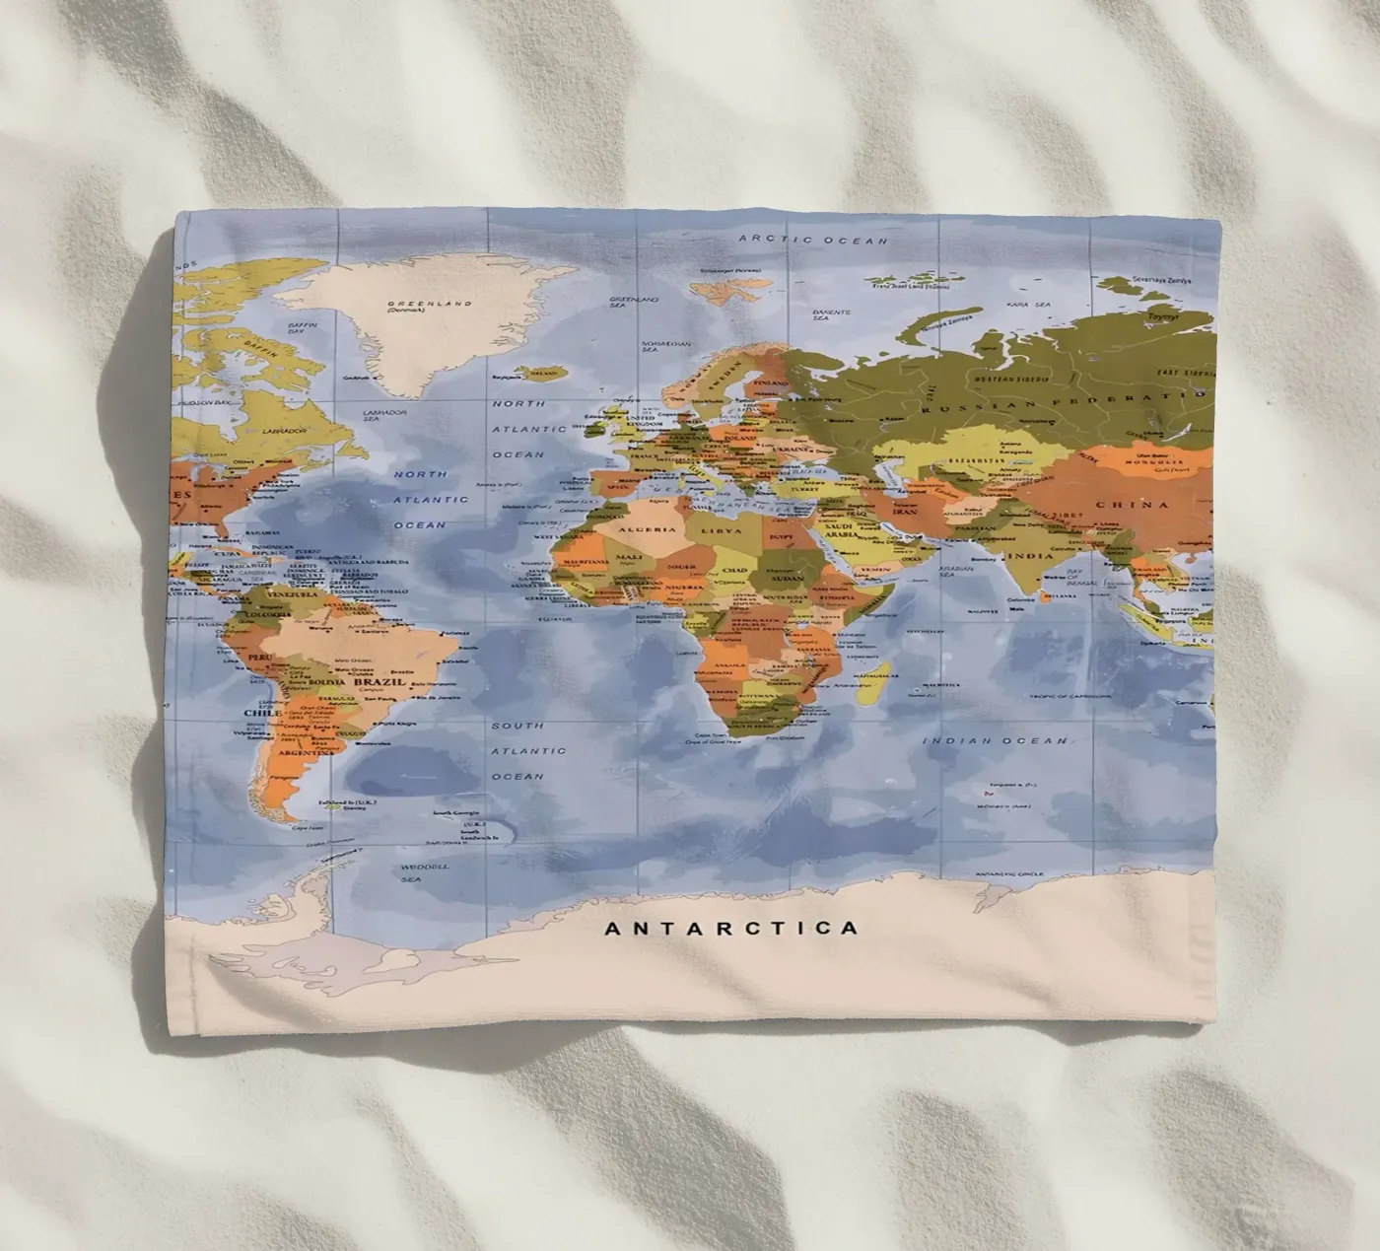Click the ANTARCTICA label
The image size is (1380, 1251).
click(x=730, y=928)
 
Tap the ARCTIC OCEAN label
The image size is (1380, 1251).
click(x=813, y=240)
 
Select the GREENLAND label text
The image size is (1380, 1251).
click(x=429, y=305)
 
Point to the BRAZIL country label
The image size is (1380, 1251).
click(x=379, y=681)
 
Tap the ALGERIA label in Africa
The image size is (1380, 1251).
click(x=648, y=530)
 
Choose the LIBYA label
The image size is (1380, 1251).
click(x=721, y=530)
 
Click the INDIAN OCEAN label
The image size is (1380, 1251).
click(x=995, y=740)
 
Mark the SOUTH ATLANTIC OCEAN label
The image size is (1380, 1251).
click(x=517, y=751)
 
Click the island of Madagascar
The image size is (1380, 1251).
click(x=872, y=683)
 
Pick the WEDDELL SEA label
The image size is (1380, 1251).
click(x=425, y=872)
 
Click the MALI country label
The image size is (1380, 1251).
click(x=629, y=558)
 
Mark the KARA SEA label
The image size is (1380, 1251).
click(x=1030, y=306)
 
